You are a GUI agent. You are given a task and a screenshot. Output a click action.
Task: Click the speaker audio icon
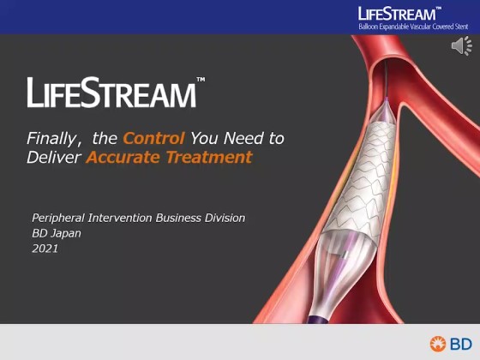(462, 46)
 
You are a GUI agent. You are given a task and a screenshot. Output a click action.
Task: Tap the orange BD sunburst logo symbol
(438, 344)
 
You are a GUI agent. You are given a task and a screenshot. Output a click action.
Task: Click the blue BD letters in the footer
(461, 344)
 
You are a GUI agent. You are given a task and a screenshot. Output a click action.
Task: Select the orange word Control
(153, 138)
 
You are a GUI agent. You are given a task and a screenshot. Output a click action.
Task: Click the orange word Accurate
(123, 157)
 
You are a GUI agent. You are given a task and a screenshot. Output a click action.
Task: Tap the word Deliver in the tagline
(53, 157)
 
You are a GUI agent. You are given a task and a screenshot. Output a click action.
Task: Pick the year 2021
(45, 249)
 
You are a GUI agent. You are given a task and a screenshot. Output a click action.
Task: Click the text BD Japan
(57, 233)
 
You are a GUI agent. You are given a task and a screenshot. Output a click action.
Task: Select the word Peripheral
(58, 219)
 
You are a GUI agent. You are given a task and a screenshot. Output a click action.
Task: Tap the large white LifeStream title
(111, 93)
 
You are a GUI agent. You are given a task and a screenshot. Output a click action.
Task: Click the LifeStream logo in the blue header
(397, 14)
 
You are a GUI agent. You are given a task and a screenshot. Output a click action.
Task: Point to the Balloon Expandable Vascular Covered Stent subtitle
(413, 27)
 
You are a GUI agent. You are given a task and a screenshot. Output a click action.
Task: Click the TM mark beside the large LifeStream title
(201, 79)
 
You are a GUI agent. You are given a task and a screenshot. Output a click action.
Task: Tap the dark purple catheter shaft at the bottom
(319, 319)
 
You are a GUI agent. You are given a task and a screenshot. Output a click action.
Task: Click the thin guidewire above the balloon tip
(386, 79)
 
